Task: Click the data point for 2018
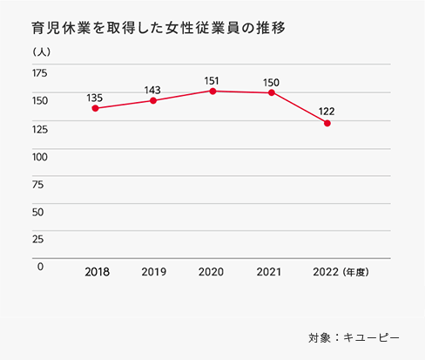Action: click(95, 108)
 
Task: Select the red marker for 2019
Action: click(153, 100)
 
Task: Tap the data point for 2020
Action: click(211, 91)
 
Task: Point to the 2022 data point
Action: click(327, 124)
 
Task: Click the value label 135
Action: click(95, 97)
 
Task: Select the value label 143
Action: click(153, 89)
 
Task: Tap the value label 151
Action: click(211, 80)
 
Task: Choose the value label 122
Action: click(327, 112)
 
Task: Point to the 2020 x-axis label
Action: click(211, 272)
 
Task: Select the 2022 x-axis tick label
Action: click(327, 272)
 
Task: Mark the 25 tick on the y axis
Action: click(38, 239)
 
